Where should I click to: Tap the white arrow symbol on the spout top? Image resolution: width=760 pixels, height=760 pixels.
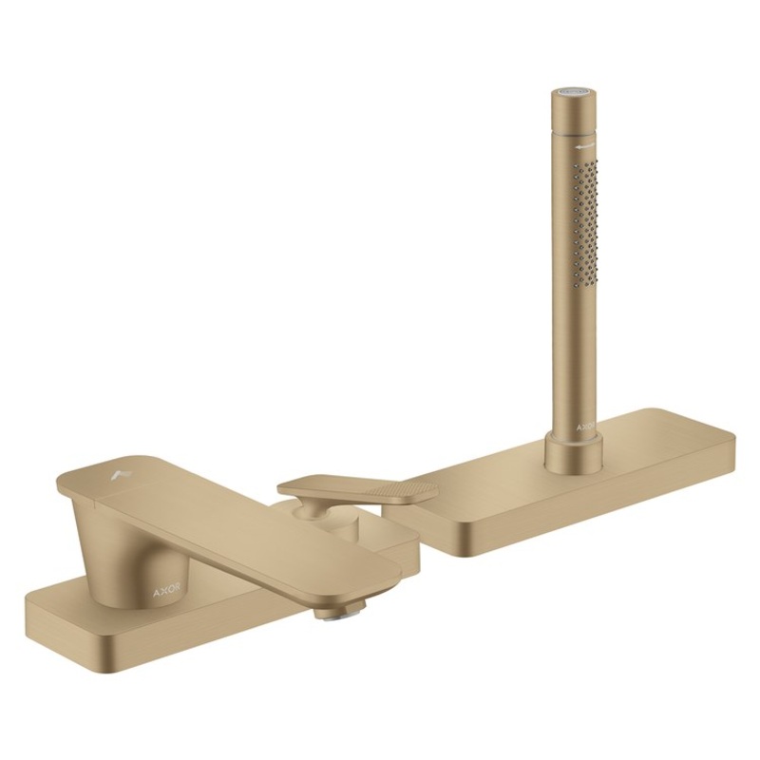pyautogui.click(x=118, y=468)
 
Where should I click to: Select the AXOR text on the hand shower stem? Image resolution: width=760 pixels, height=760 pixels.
pyautogui.click(x=583, y=427)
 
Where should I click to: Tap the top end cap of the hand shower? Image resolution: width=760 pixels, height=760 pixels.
pyautogui.click(x=573, y=93)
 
